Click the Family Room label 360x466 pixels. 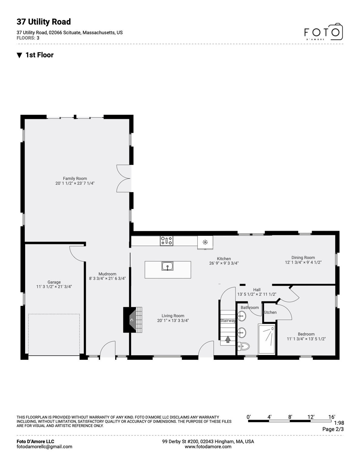pyautogui.click(x=75, y=179)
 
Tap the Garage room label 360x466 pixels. pyautogui.click(x=54, y=282)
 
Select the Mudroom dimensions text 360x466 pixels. pyautogui.click(x=107, y=279)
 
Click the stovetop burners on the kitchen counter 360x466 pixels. pyautogui.click(x=167, y=241)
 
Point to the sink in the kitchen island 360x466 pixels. pyautogui.click(x=167, y=266)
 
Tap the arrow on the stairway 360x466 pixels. pyautogui.click(x=228, y=339)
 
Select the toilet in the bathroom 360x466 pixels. pyautogui.click(x=243, y=346)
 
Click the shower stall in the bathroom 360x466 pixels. pyautogui.click(x=267, y=339)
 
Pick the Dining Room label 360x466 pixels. pyautogui.click(x=303, y=258)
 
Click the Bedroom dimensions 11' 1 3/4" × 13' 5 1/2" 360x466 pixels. pyautogui.click(x=306, y=339)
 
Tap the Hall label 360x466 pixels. pyautogui.click(x=257, y=290)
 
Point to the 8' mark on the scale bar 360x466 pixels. pyautogui.click(x=290, y=417)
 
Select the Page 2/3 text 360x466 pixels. pyautogui.click(x=333, y=429)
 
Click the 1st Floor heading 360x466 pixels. pyautogui.click(x=39, y=55)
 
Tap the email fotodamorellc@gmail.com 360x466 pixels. pyautogui.click(x=44, y=447)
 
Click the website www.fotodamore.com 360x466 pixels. pyautogui.click(x=208, y=447)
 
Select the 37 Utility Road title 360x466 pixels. pyautogui.click(x=44, y=22)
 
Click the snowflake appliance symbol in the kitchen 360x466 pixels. pyautogui.click(x=205, y=242)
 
